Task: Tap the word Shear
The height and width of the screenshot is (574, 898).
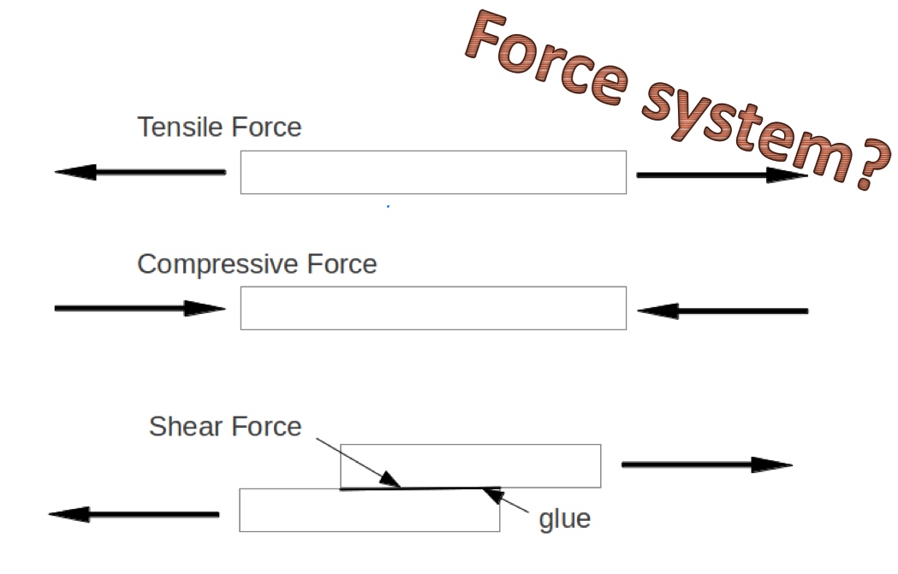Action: [179, 426]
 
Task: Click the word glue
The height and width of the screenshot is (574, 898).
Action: [564, 518]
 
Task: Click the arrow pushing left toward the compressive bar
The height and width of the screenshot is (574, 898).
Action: [722, 311]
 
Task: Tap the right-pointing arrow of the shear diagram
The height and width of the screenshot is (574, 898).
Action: [706, 465]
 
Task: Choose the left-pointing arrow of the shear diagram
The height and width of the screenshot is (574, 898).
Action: [134, 514]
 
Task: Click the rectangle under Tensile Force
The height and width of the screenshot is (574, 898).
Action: [433, 172]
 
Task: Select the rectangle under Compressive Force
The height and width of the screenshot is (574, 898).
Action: [433, 308]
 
